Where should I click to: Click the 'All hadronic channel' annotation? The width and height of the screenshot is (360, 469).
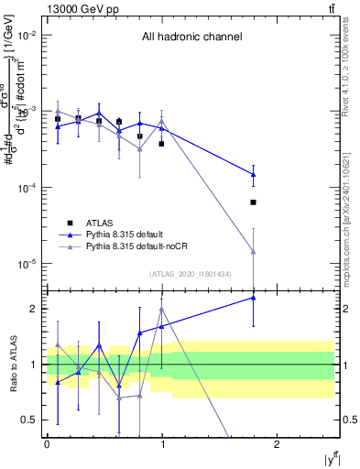tap(191, 38)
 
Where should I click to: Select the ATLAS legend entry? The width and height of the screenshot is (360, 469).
tap(102, 223)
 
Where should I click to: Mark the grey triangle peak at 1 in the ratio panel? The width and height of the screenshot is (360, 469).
tap(162, 309)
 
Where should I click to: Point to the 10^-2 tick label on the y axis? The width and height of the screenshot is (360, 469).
tap(26, 35)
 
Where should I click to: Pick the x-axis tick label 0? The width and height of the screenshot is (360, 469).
tap(47, 443)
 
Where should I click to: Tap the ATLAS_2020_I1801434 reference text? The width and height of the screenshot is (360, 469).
tap(190, 274)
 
